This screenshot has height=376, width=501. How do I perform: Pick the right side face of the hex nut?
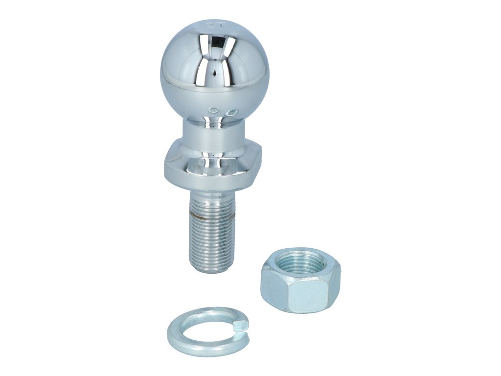point(335,286)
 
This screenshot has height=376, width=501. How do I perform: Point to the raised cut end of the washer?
point(240,323)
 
